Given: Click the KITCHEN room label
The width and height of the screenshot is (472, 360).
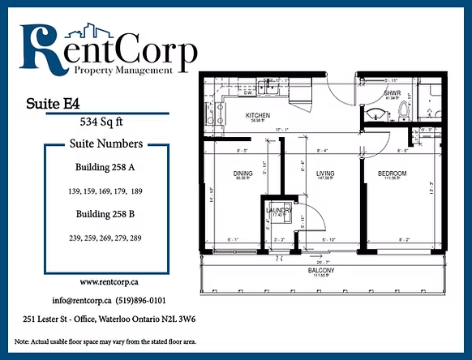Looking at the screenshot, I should (x=258, y=116).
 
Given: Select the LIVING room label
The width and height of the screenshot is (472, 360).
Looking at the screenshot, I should (x=326, y=174).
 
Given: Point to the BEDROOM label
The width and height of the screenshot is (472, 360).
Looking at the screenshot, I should (x=393, y=174).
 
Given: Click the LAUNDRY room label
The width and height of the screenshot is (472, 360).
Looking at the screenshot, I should (x=279, y=210).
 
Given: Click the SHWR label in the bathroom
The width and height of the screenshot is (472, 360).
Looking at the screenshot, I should (x=393, y=93).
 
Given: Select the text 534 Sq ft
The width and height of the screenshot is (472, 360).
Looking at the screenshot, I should (x=101, y=123).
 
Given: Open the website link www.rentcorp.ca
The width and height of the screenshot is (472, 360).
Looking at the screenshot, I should (x=107, y=282).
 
